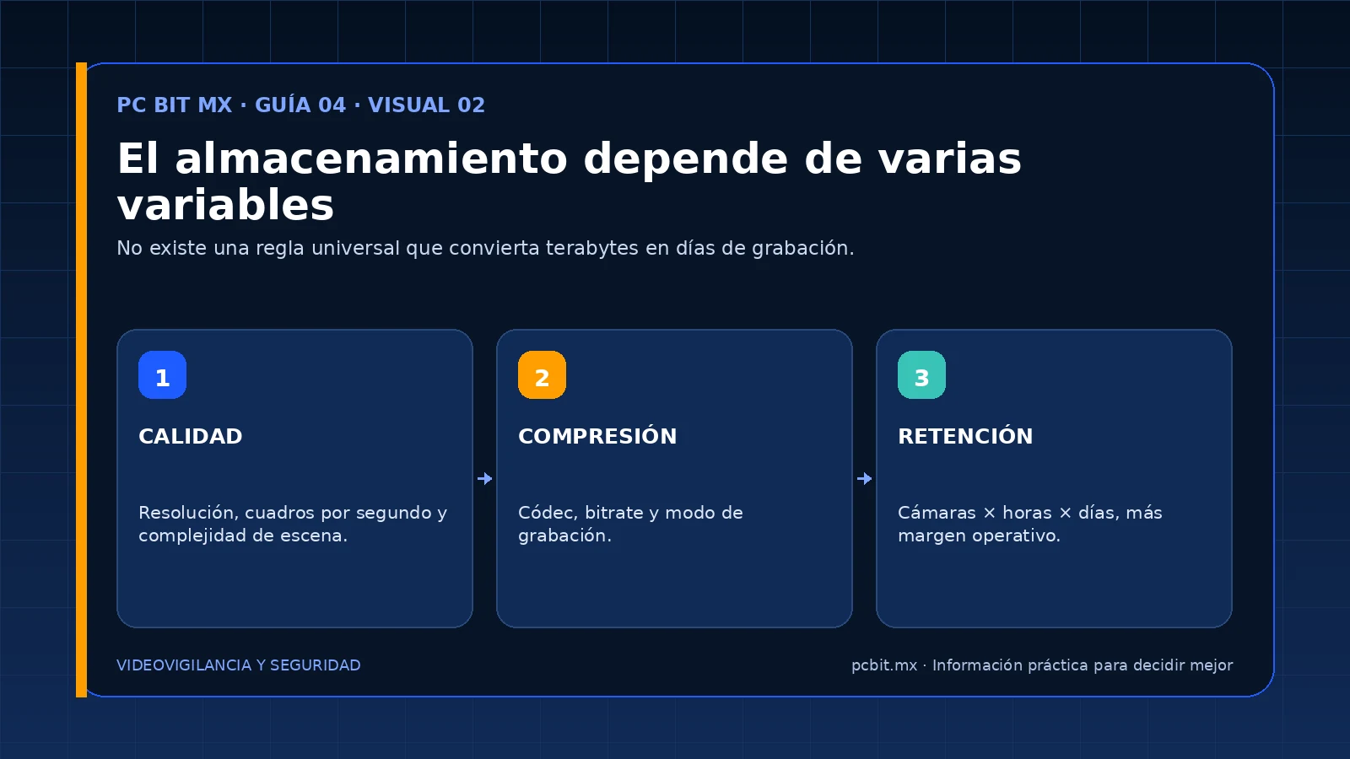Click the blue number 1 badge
tap(162, 374)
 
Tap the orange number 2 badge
tap(542, 374)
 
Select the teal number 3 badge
tap(921, 374)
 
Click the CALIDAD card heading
tap(191, 436)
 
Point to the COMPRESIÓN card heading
tap(597, 435)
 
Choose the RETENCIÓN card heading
tap(965, 435)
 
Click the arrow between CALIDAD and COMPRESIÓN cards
tap(484, 478)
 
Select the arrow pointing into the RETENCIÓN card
tap(864, 478)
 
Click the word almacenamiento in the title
tap(371, 159)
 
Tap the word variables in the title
tap(225, 205)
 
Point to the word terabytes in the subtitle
tap(591, 248)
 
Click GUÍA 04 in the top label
tap(300, 105)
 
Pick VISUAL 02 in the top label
tap(426, 105)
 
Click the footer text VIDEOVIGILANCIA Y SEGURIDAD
tap(239, 665)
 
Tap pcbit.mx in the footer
tap(884, 665)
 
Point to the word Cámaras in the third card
tap(937, 513)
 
